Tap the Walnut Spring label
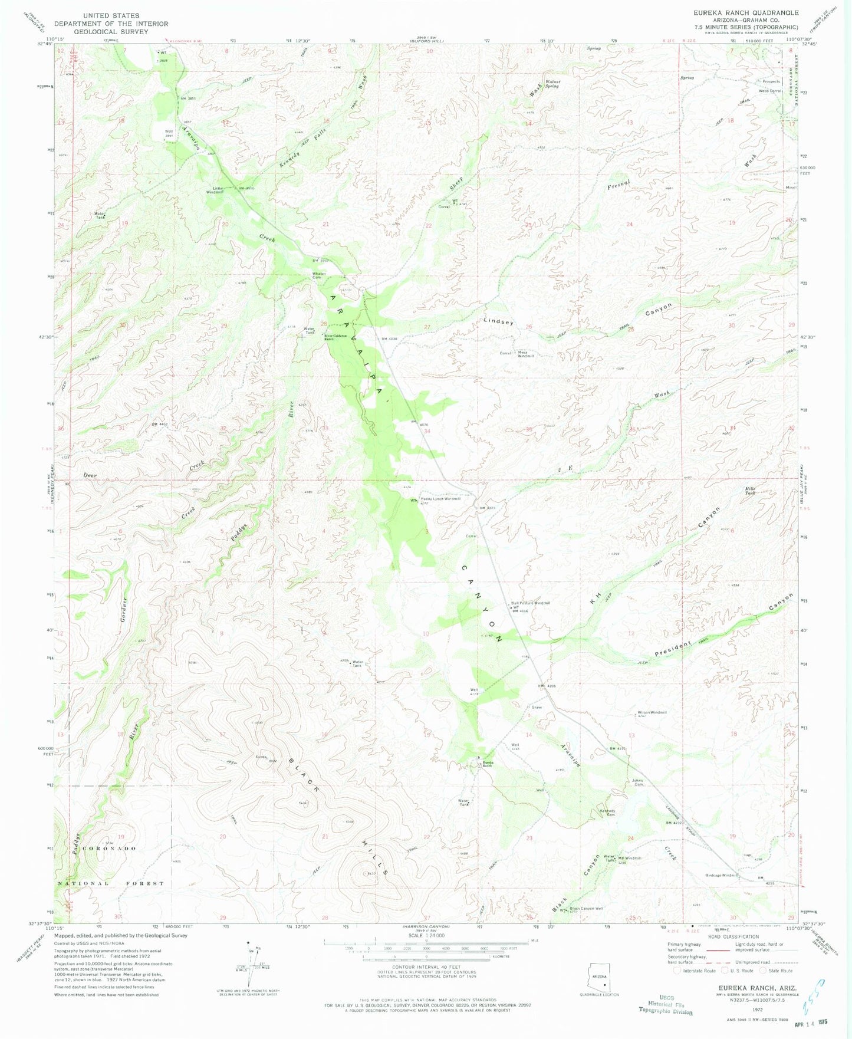(x=551, y=84)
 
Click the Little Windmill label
(x=214, y=190)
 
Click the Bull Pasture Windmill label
(x=530, y=603)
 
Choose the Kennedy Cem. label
(x=607, y=813)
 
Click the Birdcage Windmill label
(x=721, y=875)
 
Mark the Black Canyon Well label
(x=587, y=909)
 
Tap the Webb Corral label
(x=770, y=91)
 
